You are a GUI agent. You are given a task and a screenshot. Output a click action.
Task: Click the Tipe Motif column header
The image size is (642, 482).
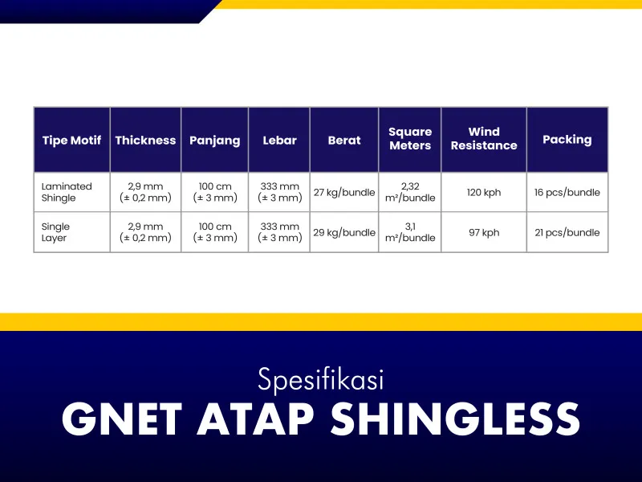click(71, 140)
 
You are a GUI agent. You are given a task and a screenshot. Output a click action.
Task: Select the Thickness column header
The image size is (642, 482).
click(145, 140)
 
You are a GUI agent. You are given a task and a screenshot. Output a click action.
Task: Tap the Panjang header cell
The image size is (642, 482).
click(214, 141)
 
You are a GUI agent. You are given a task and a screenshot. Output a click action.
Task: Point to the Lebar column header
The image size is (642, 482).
click(279, 140)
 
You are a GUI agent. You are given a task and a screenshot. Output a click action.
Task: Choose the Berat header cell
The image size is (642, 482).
click(344, 140)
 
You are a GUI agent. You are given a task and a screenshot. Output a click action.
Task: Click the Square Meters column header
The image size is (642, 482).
click(410, 138)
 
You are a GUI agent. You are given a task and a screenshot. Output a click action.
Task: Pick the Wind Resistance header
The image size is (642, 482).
click(484, 138)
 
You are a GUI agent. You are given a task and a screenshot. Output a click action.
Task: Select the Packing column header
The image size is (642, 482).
click(567, 140)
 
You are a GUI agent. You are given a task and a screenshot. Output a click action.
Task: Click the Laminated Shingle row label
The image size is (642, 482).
click(67, 192)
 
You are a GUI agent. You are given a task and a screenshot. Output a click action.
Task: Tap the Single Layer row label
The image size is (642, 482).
click(55, 232)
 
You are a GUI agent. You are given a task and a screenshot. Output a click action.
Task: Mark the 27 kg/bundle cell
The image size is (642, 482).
click(344, 192)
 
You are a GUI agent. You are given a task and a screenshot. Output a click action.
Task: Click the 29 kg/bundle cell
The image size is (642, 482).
click(344, 232)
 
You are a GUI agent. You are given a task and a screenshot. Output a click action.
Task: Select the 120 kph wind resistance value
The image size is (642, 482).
click(484, 192)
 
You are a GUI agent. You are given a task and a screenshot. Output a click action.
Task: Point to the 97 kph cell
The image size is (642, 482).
click(484, 232)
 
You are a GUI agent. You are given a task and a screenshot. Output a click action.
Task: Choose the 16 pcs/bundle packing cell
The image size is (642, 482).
click(567, 192)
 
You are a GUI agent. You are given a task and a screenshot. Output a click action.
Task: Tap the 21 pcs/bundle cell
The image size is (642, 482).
click(567, 232)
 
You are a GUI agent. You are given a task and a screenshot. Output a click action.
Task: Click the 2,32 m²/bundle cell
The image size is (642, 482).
click(410, 192)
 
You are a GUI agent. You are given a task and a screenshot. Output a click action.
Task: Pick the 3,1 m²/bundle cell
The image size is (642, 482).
click(410, 232)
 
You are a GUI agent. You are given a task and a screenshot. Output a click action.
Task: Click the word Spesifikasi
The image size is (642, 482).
click(321, 380)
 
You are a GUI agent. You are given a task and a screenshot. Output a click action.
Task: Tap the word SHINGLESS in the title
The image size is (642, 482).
click(455, 419)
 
